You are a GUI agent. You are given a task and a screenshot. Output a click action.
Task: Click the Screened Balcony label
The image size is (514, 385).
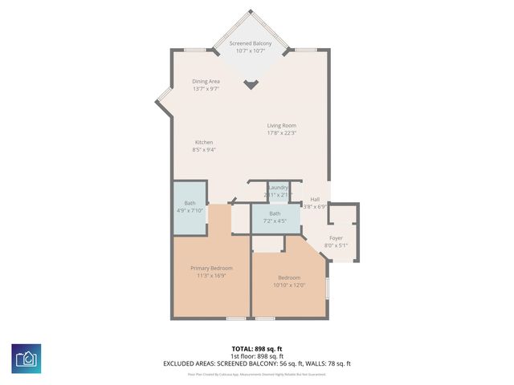[250, 43]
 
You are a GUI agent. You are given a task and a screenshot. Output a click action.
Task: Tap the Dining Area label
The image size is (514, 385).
[206, 81]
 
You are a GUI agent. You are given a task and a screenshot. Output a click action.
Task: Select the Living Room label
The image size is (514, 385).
[282, 125]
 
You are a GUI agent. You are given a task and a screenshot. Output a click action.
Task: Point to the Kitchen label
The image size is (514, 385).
[204, 142]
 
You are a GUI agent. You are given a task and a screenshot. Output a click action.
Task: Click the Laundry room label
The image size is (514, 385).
[278, 187]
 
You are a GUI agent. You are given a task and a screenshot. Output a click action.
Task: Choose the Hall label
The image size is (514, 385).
[315, 199]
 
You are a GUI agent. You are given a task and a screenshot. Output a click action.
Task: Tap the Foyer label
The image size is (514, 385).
[336, 237]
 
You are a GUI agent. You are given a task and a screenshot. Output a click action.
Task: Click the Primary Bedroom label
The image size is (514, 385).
[211, 267]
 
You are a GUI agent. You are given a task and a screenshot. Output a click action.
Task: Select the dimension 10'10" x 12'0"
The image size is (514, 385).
[288, 285]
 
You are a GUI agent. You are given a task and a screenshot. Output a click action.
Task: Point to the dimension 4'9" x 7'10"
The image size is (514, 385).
[190, 211]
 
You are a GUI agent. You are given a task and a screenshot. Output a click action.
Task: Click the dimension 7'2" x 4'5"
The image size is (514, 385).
[275, 221]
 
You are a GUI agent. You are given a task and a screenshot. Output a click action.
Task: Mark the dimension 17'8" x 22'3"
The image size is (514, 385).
[282, 133]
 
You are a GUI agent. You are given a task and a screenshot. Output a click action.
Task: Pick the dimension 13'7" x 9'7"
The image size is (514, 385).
[206, 88]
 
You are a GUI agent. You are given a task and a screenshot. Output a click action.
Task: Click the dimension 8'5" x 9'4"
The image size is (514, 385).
[204, 149]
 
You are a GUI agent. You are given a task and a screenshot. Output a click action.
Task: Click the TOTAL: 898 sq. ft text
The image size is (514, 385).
[257, 349]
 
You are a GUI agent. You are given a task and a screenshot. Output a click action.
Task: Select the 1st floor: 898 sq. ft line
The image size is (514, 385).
[257, 356]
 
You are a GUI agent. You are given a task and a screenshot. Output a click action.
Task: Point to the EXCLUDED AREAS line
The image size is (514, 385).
[257, 363]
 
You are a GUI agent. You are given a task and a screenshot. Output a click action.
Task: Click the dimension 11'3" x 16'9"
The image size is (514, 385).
[211, 275]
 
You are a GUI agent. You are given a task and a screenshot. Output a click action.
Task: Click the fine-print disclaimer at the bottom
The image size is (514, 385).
[257, 374]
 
